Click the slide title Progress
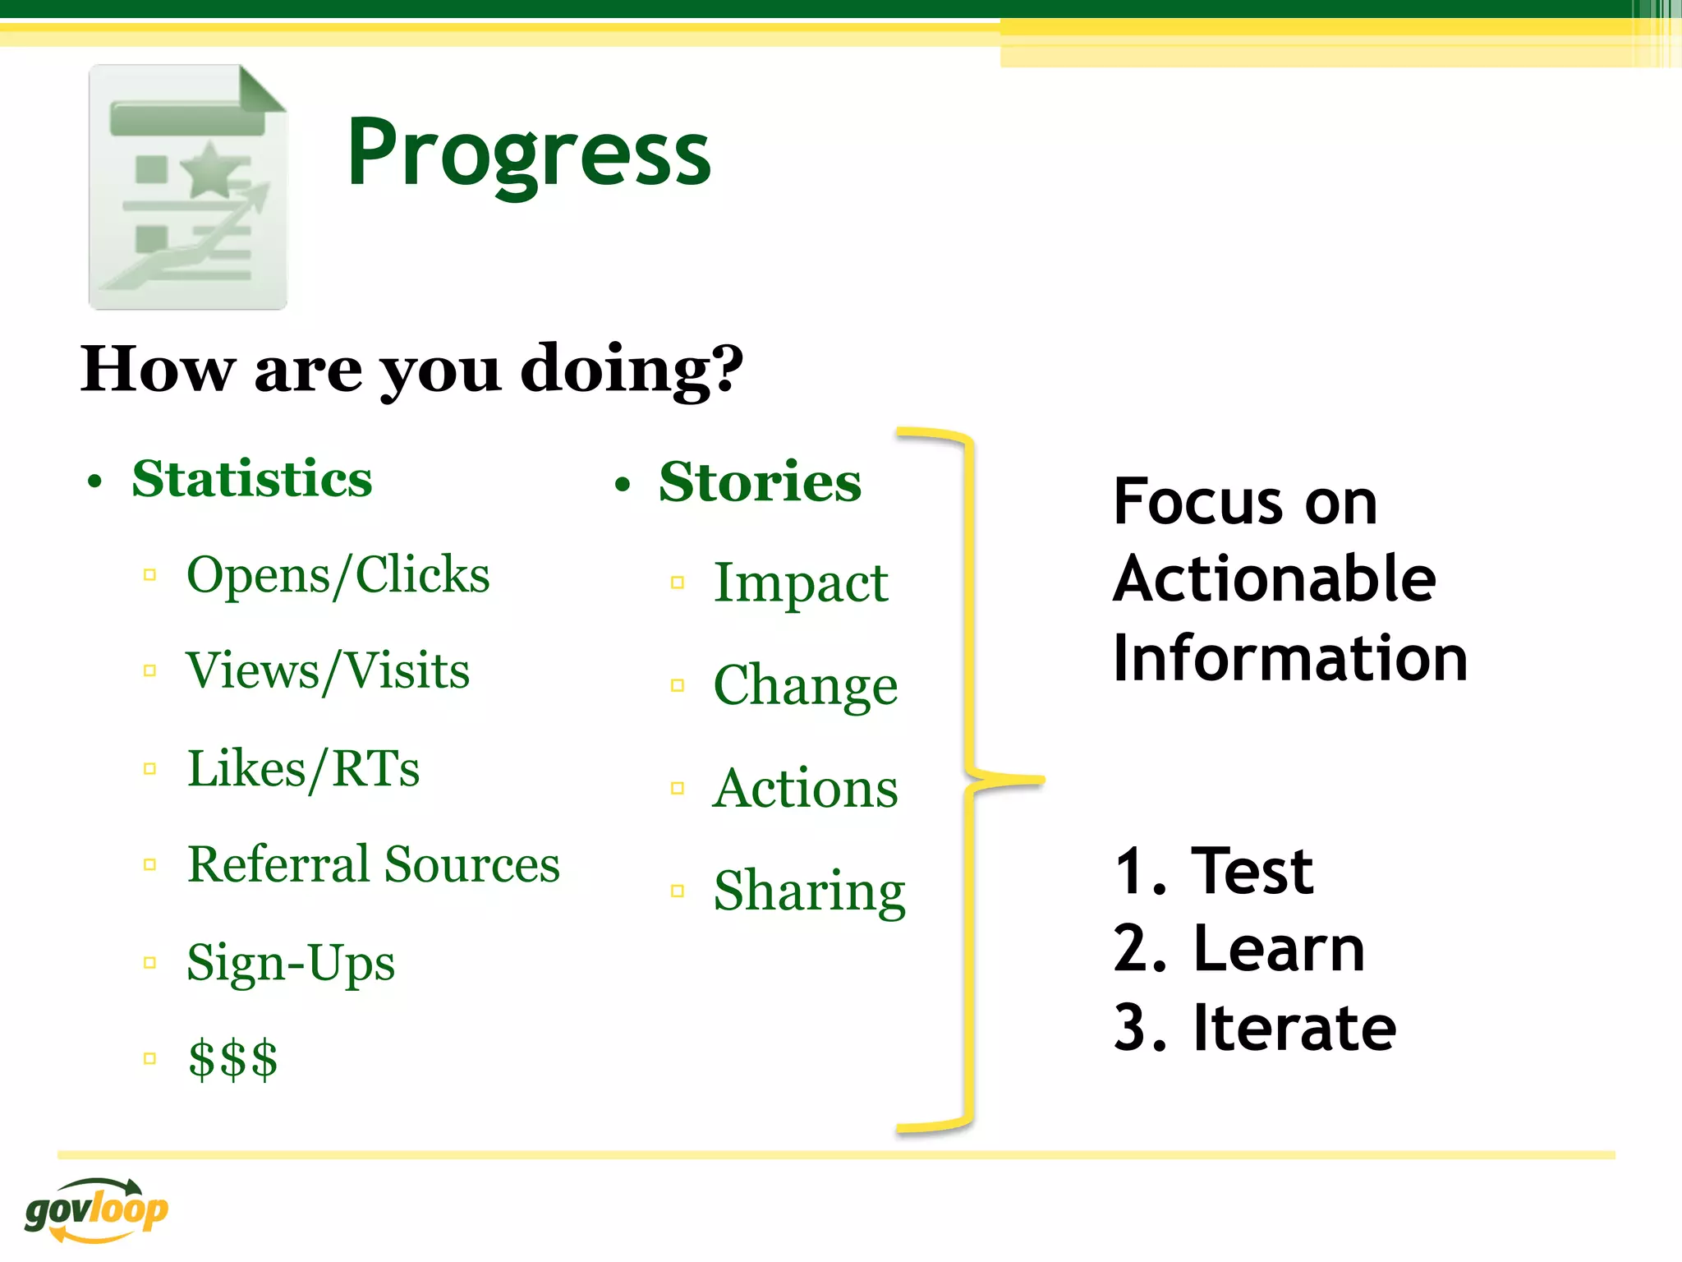(x=529, y=154)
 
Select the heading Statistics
(x=251, y=479)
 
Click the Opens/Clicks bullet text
(x=338, y=574)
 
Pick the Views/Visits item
(x=328, y=670)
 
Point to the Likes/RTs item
(x=303, y=769)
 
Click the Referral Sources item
(x=373, y=864)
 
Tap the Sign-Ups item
(x=291, y=963)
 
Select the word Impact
(x=801, y=583)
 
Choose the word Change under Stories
(x=805, y=685)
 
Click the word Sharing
(x=809, y=891)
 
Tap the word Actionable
(x=1274, y=579)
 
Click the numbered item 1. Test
(x=1213, y=871)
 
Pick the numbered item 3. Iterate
(x=1254, y=1028)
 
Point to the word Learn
(x=1279, y=949)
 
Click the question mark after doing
(x=726, y=369)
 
